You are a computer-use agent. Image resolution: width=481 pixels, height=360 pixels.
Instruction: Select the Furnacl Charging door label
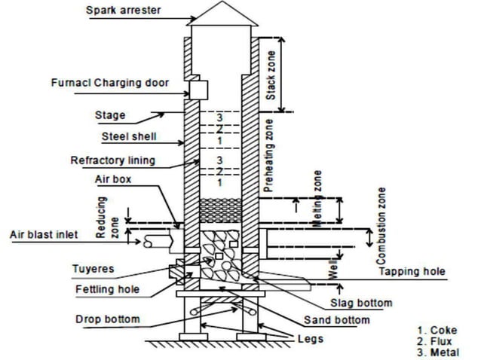[x=110, y=82]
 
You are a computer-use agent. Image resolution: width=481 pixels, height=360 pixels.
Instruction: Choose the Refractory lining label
[x=112, y=160]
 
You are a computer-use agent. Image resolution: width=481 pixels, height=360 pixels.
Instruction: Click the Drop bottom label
[x=106, y=319]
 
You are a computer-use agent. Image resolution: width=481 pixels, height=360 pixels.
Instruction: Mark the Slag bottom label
[x=361, y=303]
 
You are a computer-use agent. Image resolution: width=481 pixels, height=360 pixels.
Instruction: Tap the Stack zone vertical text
[x=271, y=73]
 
